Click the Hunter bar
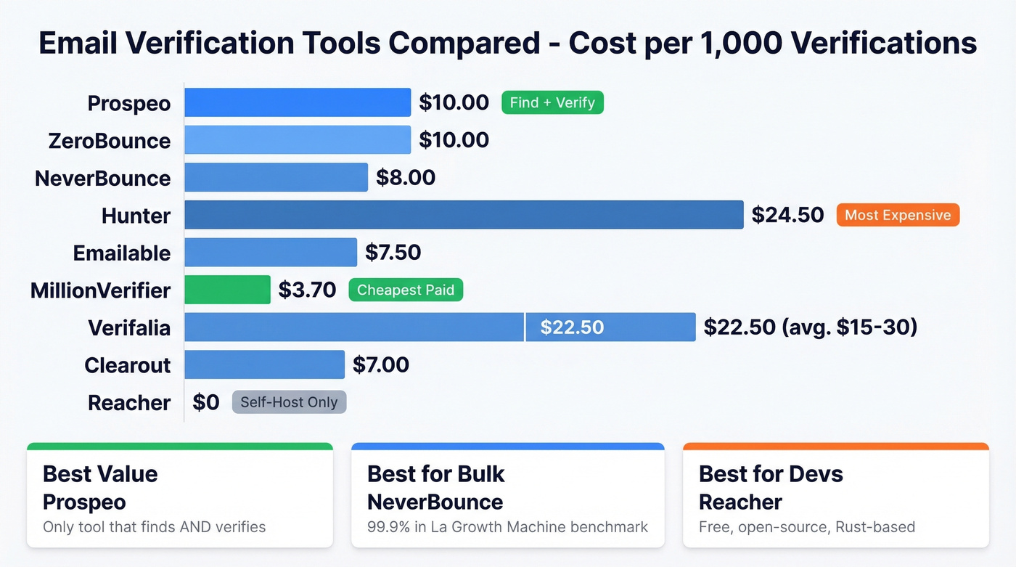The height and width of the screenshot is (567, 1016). [464, 215]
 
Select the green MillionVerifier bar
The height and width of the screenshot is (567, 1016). [227, 290]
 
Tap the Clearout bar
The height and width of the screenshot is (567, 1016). [264, 364]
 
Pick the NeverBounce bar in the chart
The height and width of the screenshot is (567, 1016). [276, 177]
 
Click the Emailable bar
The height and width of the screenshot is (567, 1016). [271, 253]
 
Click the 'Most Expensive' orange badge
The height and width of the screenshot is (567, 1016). [898, 215]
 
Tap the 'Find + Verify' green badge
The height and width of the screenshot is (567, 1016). [552, 102]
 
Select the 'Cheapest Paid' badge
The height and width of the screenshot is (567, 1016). [406, 290]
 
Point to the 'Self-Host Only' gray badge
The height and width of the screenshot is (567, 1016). [289, 401]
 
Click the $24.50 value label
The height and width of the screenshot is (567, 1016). [787, 215]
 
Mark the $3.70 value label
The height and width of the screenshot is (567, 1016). [307, 290]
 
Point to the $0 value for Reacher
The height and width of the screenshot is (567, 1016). [206, 401]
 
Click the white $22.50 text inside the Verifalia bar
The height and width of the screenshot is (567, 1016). [572, 327]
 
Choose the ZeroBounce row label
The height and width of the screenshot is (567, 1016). [110, 140]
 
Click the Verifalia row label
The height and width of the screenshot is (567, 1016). [129, 327]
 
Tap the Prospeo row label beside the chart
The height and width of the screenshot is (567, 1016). [129, 103]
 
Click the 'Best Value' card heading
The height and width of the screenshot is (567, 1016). [100, 474]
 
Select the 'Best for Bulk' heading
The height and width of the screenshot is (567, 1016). [435, 474]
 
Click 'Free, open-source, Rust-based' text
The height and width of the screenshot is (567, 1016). [806, 527]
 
